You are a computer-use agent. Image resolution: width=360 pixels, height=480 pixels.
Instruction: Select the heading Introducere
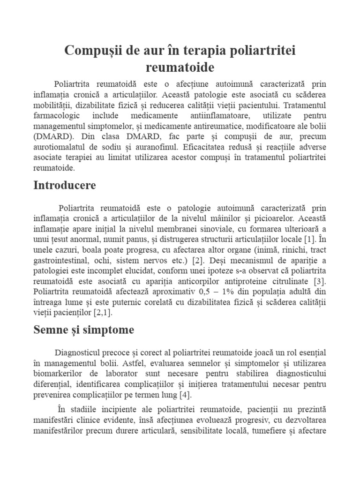coord(65,185)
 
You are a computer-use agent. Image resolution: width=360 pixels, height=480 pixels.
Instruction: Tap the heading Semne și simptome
coord(84,330)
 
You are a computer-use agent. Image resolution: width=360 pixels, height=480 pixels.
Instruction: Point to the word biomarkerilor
coord(60,374)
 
